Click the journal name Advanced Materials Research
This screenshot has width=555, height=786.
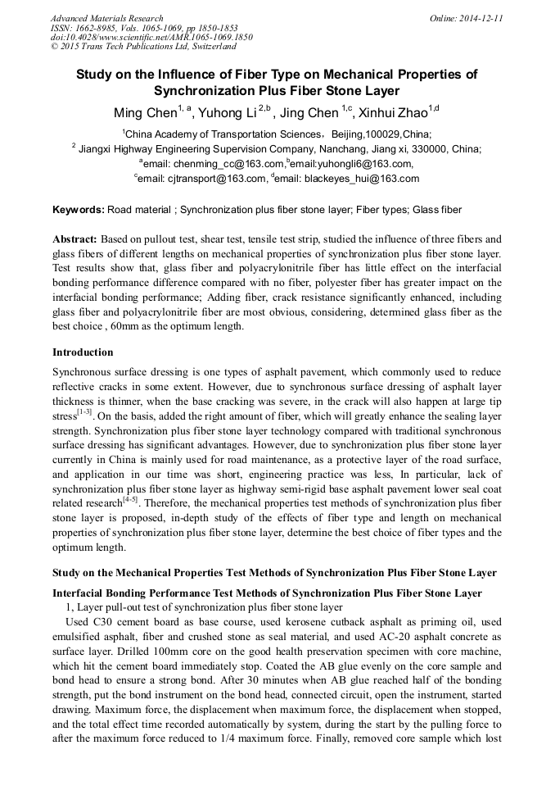tap(107, 18)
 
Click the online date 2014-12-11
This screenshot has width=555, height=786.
tap(478, 18)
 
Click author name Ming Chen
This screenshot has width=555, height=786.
tap(145, 112)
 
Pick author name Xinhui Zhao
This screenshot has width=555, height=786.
tap(396, 112)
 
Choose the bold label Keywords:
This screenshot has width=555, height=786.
tap(78, 210)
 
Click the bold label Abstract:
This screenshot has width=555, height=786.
tap(74, 239)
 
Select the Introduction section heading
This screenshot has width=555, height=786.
tap(83, 352)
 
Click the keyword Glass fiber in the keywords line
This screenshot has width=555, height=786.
tap(437, 210)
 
